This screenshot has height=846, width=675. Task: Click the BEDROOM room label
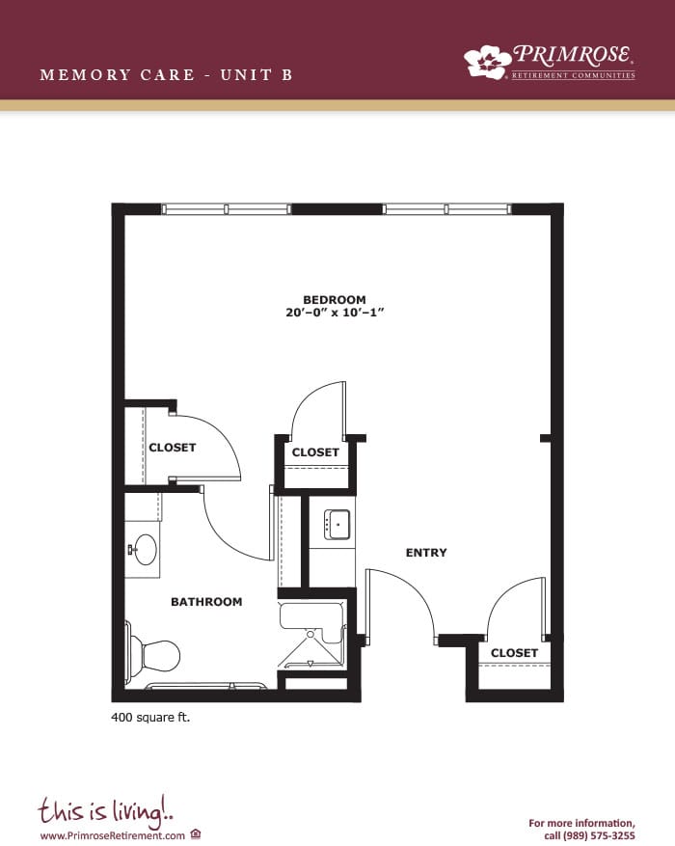click(335, 299)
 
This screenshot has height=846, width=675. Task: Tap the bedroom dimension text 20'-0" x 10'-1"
click(335, 313)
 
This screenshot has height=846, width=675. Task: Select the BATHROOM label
click(206, 602)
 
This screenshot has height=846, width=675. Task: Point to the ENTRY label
click(426, 553)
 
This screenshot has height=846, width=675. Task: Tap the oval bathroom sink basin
click(145, 549)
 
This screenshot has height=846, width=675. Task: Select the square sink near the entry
click(337, 525)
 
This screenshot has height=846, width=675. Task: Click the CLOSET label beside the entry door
click(514, 653)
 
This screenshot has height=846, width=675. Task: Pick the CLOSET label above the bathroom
click(173, 448)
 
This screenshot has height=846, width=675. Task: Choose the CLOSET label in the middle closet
click(315, 452)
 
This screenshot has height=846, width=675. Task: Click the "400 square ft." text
click(150, 718)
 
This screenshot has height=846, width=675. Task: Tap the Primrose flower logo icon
click(487, 62)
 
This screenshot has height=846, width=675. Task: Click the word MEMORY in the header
click(85, 74)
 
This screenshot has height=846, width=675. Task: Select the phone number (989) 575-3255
click(599, 835)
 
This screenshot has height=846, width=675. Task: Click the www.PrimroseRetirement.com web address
click(113, 835)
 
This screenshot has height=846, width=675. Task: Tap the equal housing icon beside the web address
click(196, 834)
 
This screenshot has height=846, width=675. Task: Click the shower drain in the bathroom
click(310, 635)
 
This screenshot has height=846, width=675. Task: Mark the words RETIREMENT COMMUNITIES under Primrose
click(573, 75)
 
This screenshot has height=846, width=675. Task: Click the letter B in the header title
click(286, 74)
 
